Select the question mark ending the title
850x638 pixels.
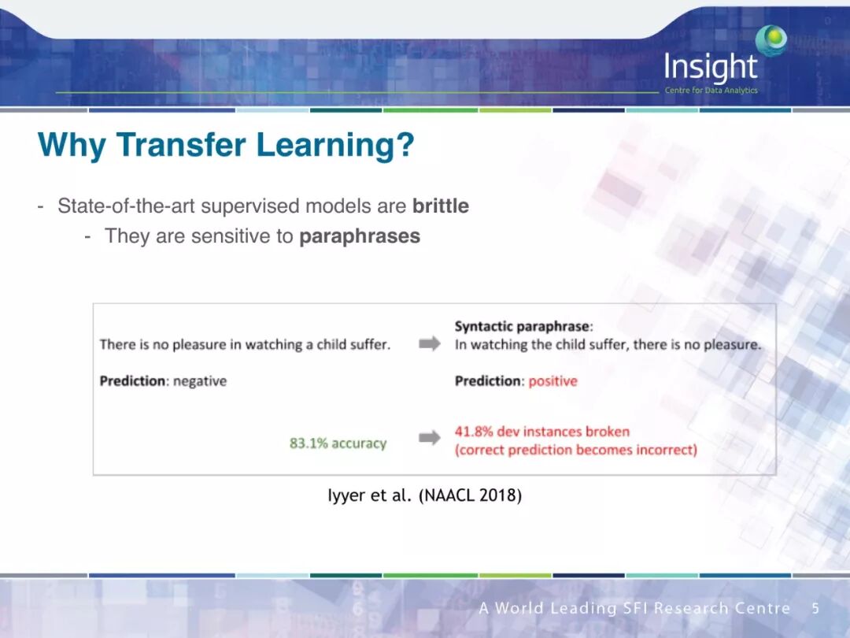click(x=405, y=144)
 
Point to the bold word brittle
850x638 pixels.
click(x=440, y=206)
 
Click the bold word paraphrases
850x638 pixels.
click(x=360, y=236)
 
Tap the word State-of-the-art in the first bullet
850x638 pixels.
click(x=126, y=206)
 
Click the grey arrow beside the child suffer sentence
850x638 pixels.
click(x=430, y=343)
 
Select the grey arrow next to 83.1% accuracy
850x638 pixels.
click(x=430, y=437)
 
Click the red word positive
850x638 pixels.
click(x=552, y=381)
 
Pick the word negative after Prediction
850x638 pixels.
click(x=199, y=381)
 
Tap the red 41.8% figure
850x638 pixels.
click(x=474, y=432)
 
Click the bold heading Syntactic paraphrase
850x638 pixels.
click(x=522, y=326)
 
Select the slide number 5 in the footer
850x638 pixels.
click(x=815, y=608)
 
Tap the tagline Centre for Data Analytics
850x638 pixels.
click(x=711, y=90)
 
